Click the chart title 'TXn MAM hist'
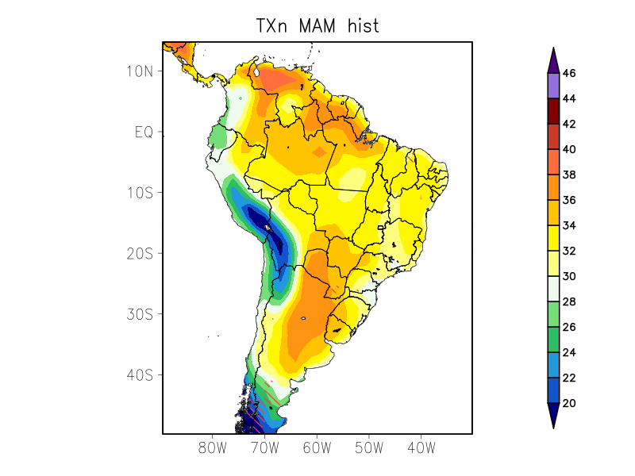tap(317, 25)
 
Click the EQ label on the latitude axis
tap(144, 132)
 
